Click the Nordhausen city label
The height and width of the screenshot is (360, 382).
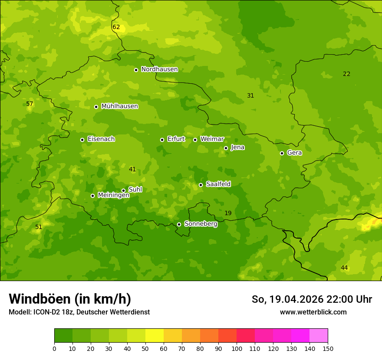pyautogui.click(x=159, y=69)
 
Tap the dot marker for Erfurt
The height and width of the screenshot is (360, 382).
pyautogui.click(x=162, y=140)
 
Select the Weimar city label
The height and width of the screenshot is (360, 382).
pyautogui.click(x=212, y=139)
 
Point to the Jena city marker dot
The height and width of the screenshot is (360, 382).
pyautogui.click(x=226, y=148)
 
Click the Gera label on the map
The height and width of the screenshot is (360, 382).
pyautogui.click(x=294, y=153)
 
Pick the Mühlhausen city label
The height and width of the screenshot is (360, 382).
pyautogui.click(x=119, y=106)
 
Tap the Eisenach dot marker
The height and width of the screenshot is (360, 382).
pyautogui.click(x=82, y=140)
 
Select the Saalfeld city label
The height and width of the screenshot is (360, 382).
pyautogui.click(x=218, y=184)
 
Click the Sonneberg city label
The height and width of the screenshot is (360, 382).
pyautogui.click(x=201, y=224)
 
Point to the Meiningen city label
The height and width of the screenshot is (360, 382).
pyautogui.click(x=113, y=195)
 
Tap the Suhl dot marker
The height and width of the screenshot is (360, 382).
pyautogui.click(x=123, y=190)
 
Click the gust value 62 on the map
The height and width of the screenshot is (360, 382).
pyautogui.click(x=116, y=27)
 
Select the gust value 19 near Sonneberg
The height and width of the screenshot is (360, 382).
pyautogui.click(x=228, y=213)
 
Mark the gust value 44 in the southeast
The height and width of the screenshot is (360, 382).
pyautogui.click(x=344, y=268)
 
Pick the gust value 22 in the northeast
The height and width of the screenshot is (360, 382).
pyautogui.click(x=346, y=74)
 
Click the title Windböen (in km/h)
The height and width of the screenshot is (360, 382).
pyautogui.click(x=70, y=299)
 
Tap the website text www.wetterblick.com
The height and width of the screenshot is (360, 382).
pyautogui.click(x=313, y=312)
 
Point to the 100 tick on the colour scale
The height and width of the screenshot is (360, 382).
pyautogui.click(x=237, y=348)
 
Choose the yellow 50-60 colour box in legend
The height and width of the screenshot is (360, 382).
pyautogui.click(x=155, y=336)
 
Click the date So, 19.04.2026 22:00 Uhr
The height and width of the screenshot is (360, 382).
pyautogui.click(x=312, y=299)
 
